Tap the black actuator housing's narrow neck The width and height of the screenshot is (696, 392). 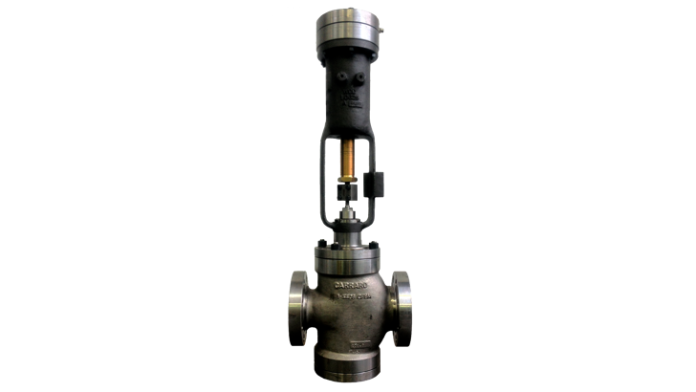[x=347, y=120]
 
